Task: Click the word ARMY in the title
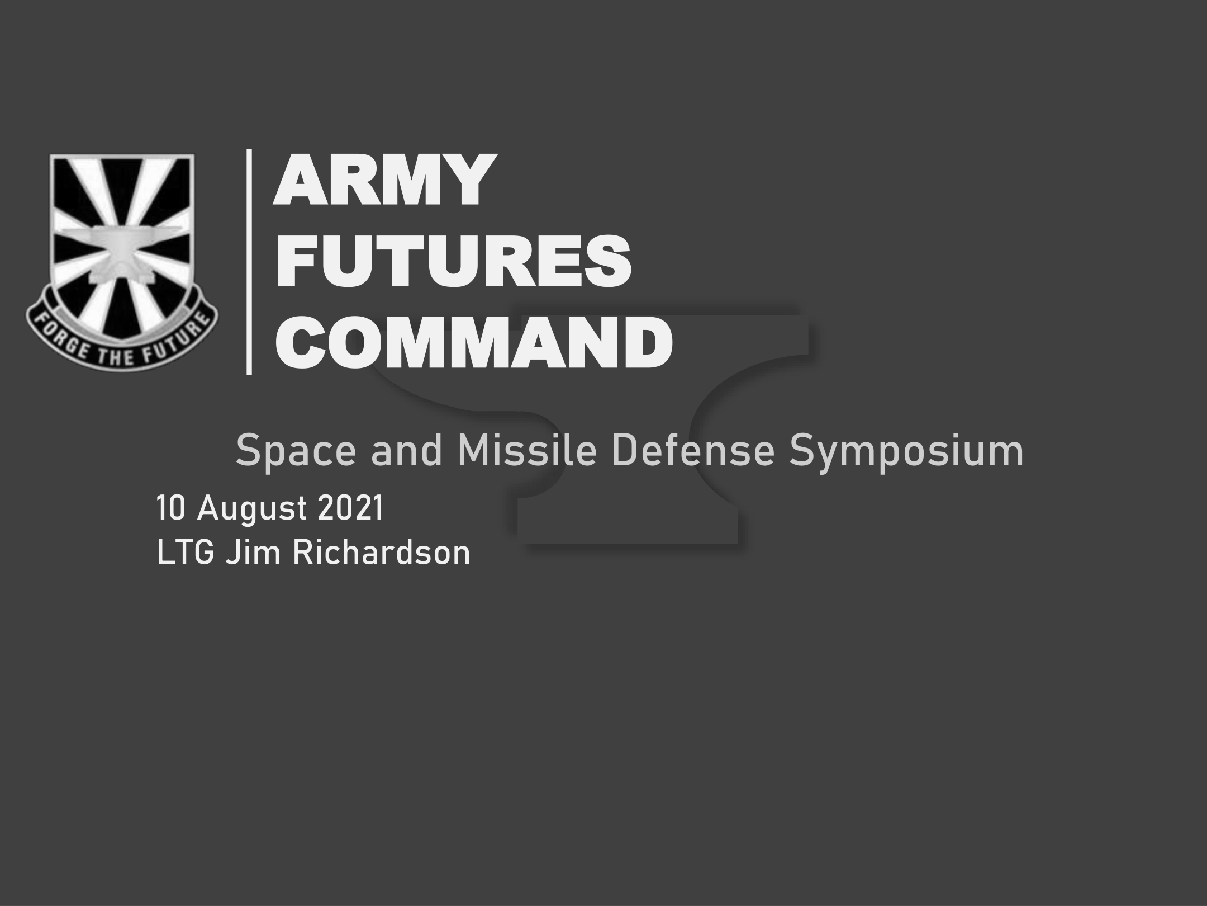[x=385, y=180]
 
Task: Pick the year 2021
[x=351, y=508]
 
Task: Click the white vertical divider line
[x=249, y=261]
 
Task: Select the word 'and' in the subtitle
[x=407, y=451]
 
